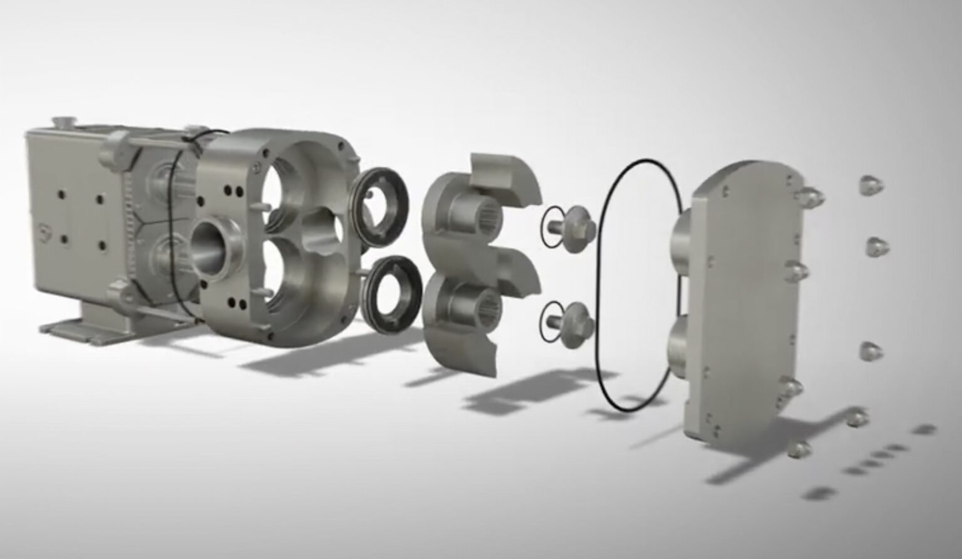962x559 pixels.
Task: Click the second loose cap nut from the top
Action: (x=878, y=246)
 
